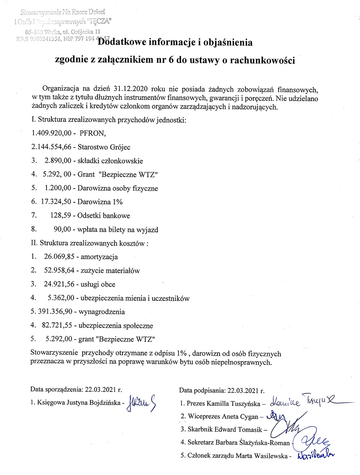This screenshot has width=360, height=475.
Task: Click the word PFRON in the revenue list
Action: click(92, 134)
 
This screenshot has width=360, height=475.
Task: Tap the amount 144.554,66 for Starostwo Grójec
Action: click(54, 147)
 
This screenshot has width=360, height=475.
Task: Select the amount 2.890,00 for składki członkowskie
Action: click(58, 161)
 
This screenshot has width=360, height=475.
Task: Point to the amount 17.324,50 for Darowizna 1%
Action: click(56, 202)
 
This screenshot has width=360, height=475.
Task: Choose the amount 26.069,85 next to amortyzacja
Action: click(59, 257)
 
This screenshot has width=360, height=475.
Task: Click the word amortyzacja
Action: click(99, 257)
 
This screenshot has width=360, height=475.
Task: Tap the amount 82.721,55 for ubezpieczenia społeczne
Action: click(57, 326)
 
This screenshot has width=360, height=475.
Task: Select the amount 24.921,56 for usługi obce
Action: click(59, 284)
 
